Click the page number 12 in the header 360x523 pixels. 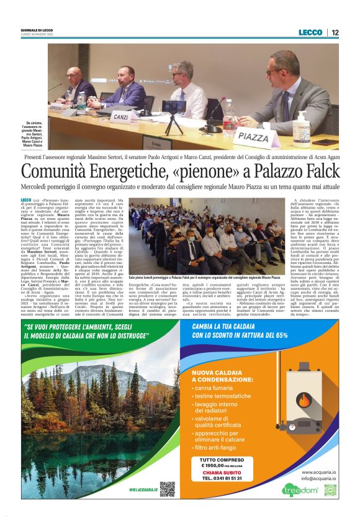tap(335, 32)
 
